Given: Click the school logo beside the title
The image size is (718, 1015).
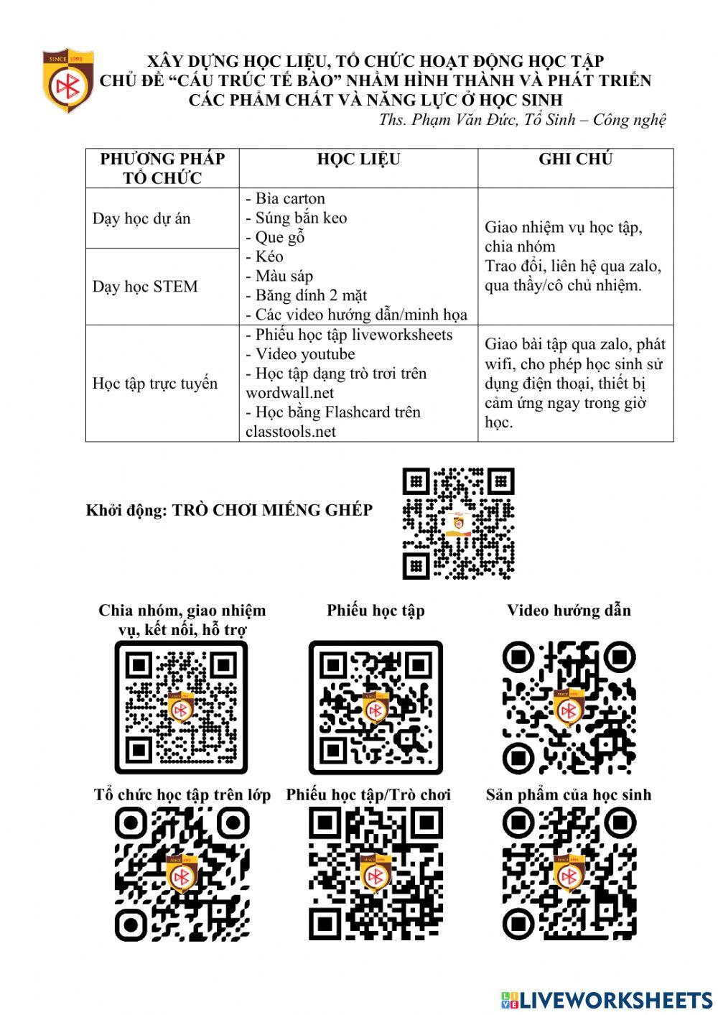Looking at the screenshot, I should coord(67,81).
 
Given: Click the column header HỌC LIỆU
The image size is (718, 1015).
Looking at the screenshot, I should coord(358,159).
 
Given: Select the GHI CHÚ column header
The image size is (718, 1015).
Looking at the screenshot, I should coord(575,159).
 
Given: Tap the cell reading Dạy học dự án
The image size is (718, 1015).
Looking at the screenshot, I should coord(141,218).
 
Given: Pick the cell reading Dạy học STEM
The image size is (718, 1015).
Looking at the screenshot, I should coord(145,287).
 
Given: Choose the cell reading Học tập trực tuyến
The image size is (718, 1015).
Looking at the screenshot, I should coord(154,383).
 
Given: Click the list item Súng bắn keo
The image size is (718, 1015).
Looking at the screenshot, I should coord(297,218).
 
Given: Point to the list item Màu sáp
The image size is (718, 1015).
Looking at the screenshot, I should coord(279,276).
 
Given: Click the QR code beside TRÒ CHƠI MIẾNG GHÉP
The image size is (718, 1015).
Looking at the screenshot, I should coord(458,524).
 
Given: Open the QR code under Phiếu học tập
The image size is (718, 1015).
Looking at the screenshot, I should coord(375,707).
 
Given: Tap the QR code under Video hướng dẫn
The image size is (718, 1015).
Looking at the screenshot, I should coord(568,707).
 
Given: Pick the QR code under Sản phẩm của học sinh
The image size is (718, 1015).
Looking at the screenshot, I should coord(568,873).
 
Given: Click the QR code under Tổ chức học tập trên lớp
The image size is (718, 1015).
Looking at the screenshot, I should coord(181,873).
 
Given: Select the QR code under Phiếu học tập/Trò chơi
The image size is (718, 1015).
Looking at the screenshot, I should coord(375,873).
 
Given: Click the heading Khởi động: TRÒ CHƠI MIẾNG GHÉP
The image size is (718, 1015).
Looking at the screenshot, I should coord(229,511).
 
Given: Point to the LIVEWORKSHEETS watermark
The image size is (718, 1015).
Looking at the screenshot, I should coord(607,1000).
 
